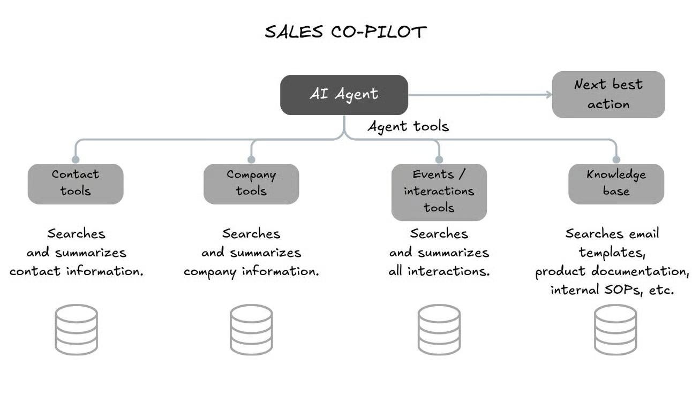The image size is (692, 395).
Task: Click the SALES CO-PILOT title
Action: pos(345,32)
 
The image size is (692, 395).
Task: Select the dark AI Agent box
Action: pos(344,95)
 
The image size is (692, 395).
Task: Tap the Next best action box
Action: pos(608,94)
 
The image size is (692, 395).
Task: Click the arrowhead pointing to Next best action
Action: pos(548,95)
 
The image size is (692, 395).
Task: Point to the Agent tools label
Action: pos(408,126)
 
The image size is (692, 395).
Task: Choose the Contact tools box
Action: pos(76,184)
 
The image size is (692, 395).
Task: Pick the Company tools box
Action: pos(251,184)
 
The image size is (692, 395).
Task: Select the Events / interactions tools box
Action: pos(439,192)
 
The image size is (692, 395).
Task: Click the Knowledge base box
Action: pos(616,184)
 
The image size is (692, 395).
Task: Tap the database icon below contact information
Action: pos(77,329)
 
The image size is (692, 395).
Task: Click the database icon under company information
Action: pos(251,329)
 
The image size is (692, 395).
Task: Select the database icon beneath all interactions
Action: pos(439,329)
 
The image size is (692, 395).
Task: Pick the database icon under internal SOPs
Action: pos(615,329)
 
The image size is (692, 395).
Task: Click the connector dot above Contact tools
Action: pos(76,159)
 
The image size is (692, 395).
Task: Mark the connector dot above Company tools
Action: pos(251,159)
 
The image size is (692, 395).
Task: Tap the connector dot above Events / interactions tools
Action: pos(439,159)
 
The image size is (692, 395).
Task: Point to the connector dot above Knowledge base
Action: pos(616,159)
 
